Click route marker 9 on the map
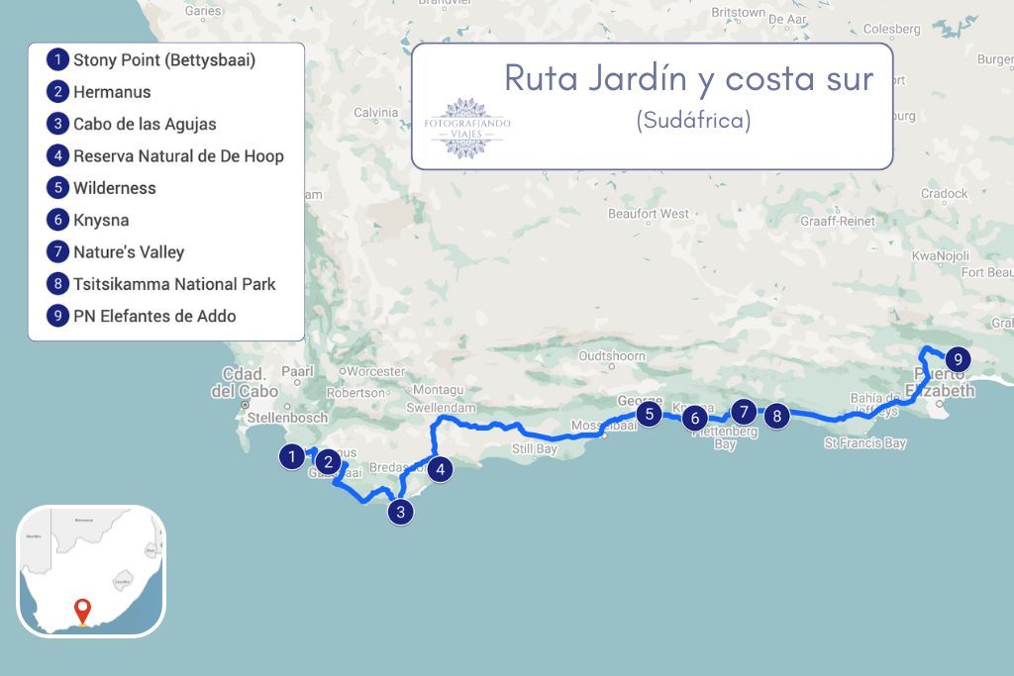958,360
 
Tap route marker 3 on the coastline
400,512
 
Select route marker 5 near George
649,414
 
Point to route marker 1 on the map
291,456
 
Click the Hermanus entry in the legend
111,92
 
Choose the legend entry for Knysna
100,220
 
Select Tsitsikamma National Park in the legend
173,284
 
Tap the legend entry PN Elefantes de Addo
153,317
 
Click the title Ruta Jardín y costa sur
688,78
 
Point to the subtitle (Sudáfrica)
693,120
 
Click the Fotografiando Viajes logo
467,128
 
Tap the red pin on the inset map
82,610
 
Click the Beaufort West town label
649,214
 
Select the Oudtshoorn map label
611,356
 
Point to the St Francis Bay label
864,443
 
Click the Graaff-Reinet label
838,222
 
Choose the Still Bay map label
535,449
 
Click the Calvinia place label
375,113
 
